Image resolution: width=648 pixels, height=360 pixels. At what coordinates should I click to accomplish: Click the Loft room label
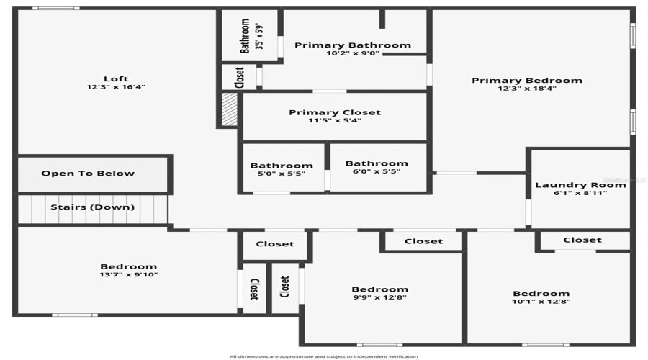tap(116, 79)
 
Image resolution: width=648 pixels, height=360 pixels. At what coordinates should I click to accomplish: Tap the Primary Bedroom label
tap(526, 81)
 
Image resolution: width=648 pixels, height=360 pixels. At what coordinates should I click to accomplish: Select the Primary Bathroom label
tap(353, 45)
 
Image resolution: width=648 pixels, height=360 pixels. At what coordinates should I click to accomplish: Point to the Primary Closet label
tap(335, 112)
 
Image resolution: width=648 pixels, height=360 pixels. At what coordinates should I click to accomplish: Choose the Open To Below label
tap(88, 174)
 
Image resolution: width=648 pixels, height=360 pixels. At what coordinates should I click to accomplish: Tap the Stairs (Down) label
tap(92, 207)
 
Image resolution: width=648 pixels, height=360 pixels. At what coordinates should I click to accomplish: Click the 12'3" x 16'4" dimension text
tap(116, 87)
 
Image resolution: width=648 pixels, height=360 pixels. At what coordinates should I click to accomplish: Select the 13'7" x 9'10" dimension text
tap(129, 274)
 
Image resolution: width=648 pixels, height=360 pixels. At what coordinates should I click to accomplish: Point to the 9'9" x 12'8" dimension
tap(380, 297)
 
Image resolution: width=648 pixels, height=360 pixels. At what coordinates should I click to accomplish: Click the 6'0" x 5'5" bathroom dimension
tap(377, 171)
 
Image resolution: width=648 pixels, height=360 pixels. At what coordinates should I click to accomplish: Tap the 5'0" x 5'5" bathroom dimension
tap(282, 173)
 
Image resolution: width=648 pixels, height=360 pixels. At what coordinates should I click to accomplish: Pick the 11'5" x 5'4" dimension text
tap(335, 120)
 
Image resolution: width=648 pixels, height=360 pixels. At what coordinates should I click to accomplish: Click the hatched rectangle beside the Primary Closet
tap(229, 109)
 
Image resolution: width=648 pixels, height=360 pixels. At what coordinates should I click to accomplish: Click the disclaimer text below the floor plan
tap(323, 356)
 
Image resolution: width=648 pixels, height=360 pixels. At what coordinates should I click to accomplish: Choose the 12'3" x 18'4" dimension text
tap(526, 89)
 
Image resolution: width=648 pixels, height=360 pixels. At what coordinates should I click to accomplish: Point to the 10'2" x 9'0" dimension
tap(353, 53)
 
